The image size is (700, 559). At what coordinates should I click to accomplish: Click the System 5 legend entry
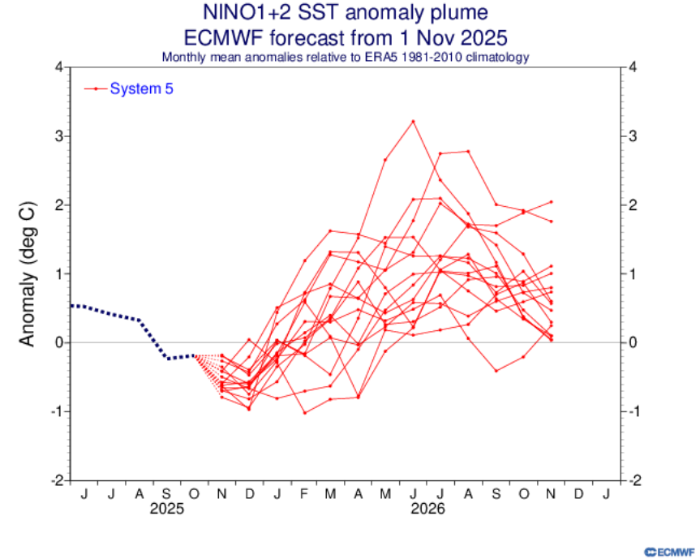[x=142, y=88]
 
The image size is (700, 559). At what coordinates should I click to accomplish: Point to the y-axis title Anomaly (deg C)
[x=28, y=274]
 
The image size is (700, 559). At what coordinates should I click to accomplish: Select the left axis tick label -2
[x=58, y=480]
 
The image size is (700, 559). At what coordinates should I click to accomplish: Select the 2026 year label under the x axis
[x=427, y=510]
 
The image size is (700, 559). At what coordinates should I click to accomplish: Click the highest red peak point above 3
[x=413, y=121]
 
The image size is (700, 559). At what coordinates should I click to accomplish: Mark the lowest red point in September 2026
[x=496, y=371]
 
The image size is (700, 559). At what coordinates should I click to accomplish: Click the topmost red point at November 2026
[x=551, y=201]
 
